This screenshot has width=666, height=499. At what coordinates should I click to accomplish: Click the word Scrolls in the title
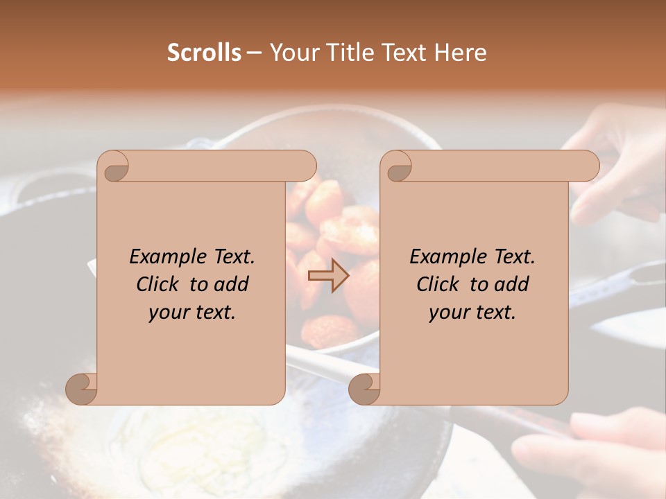[x=204, y=53]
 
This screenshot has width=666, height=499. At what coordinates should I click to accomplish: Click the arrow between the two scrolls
[x=328, y=277]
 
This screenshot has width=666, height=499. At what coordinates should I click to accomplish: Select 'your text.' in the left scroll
[x=192, y=312]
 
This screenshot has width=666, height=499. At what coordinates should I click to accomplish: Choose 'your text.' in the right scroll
[x=472, y=312]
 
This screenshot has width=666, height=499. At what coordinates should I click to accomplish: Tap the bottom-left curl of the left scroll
[x=82, y=389]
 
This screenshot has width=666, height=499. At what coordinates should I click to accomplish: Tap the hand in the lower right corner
[x=597, y=450]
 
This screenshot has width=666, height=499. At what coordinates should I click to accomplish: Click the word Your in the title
[x=292, y=53]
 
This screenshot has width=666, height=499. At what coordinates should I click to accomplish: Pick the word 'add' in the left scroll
[x=231, y=284]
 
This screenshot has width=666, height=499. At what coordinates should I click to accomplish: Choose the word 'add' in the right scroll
[x=511, y=284]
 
